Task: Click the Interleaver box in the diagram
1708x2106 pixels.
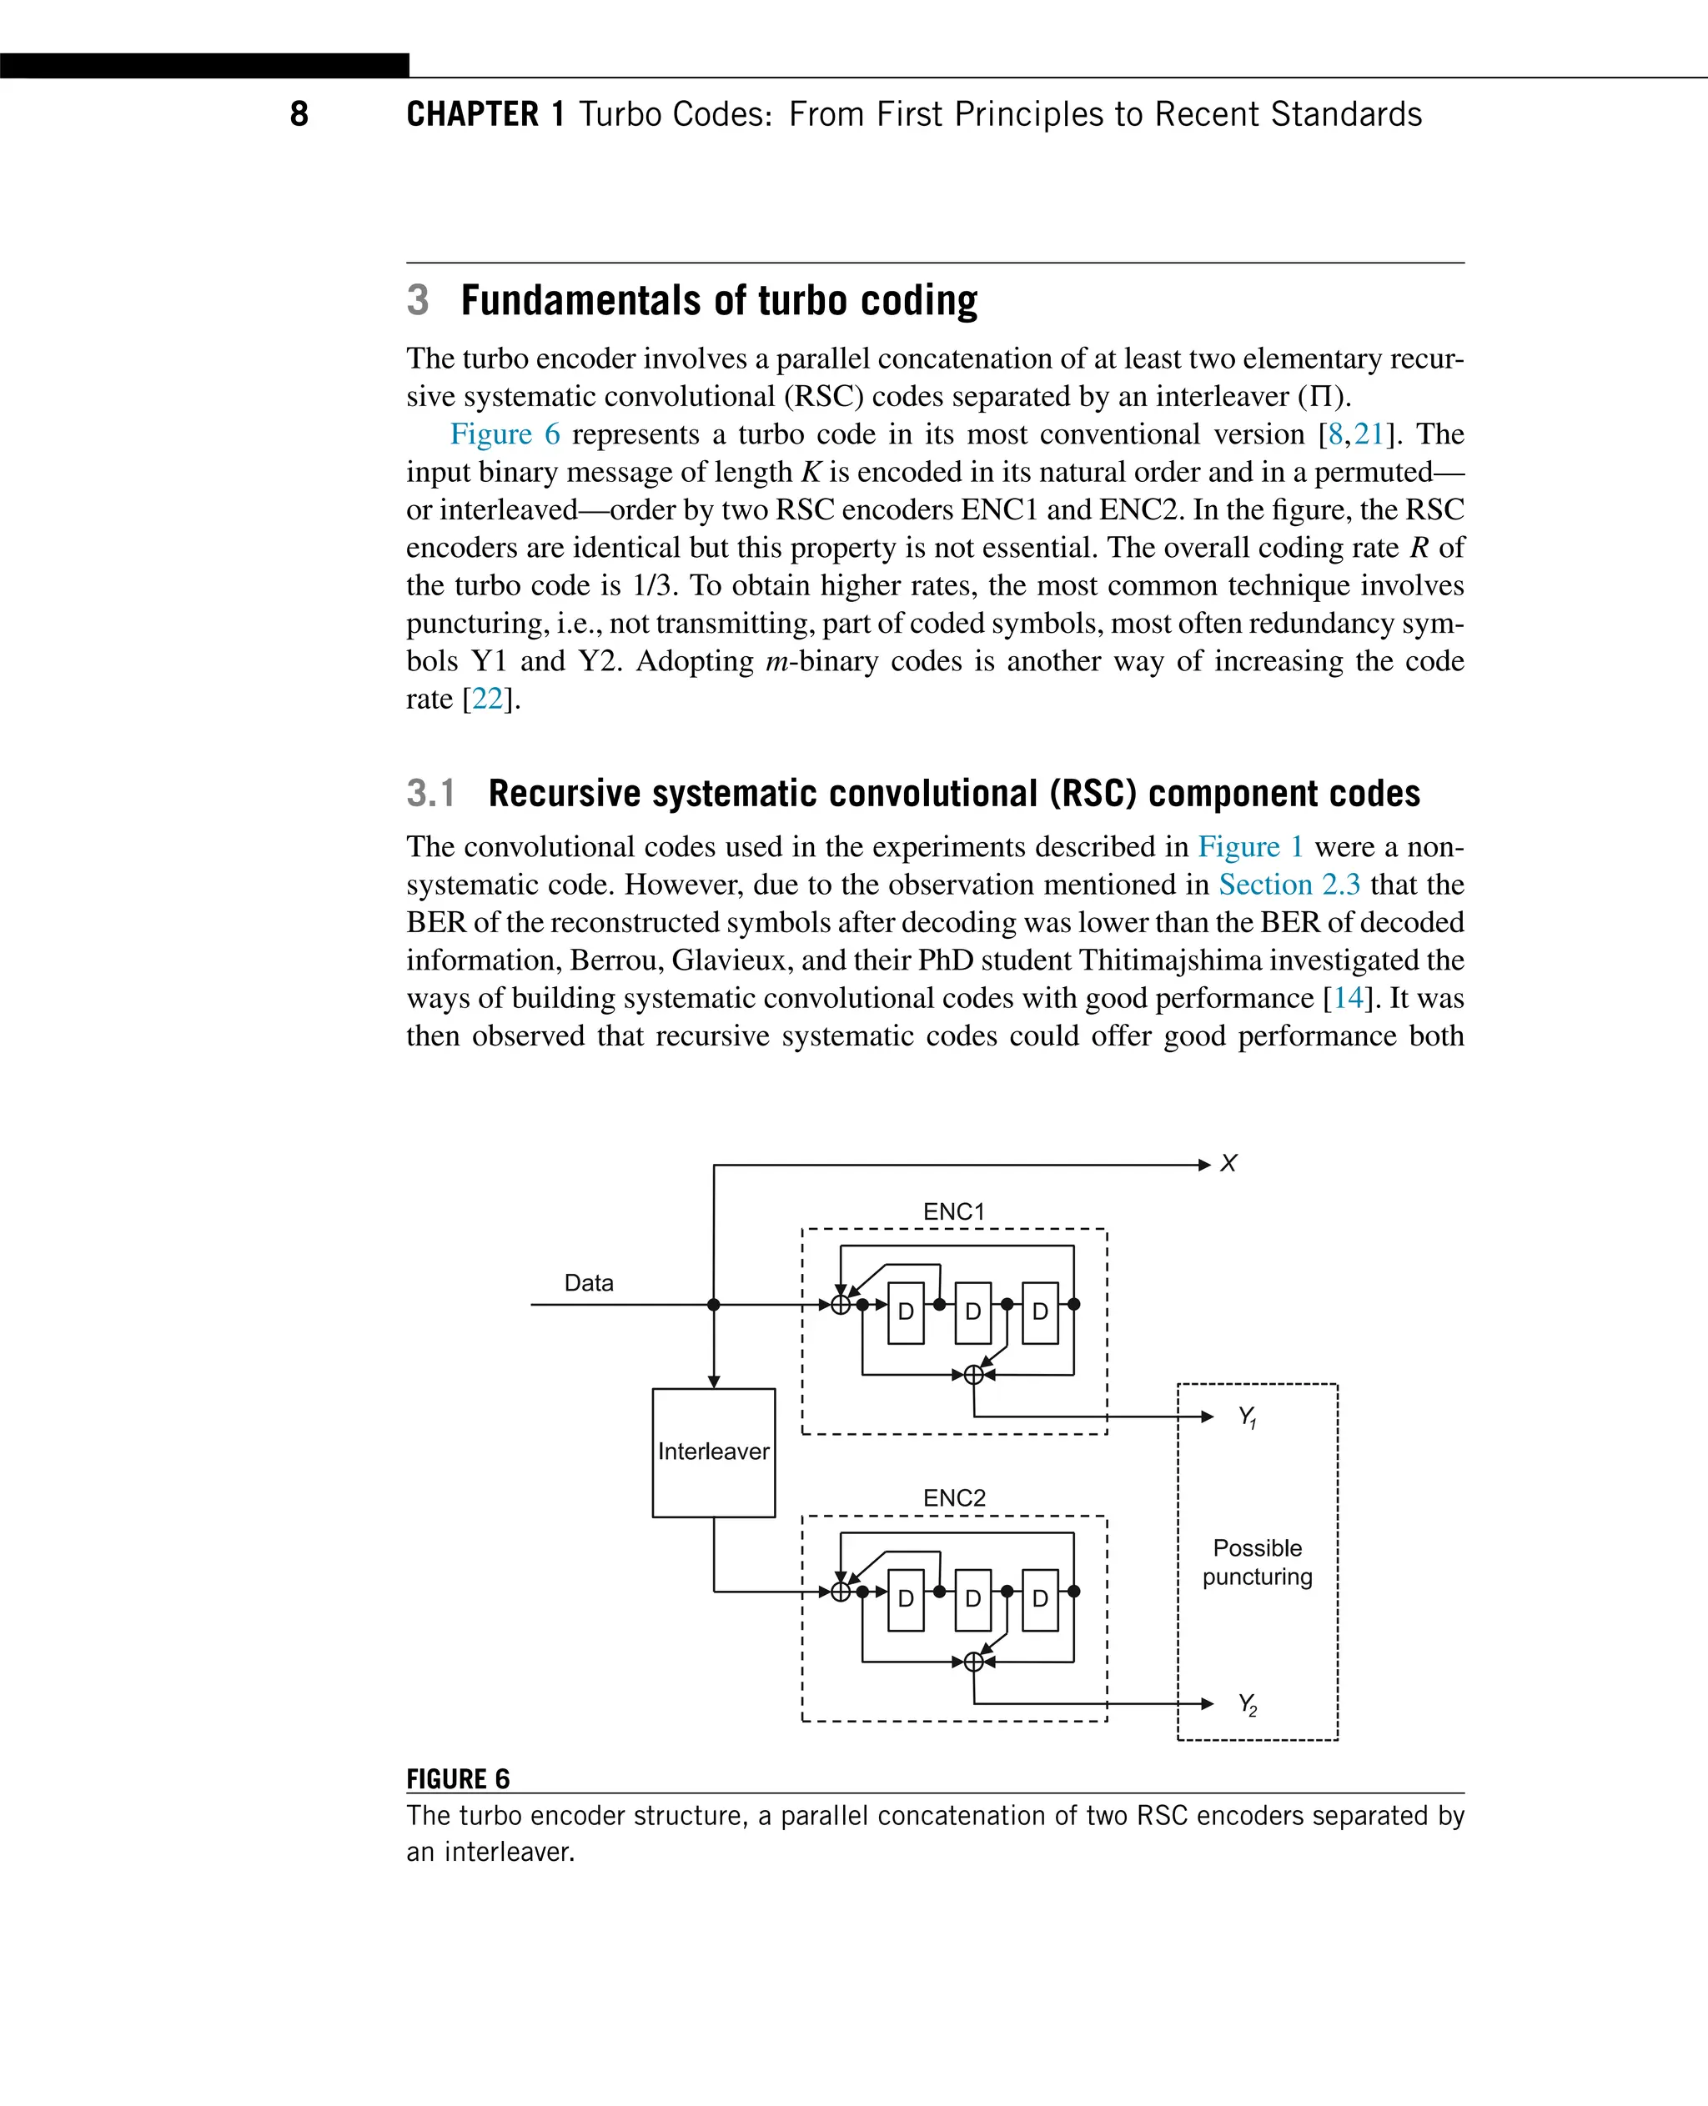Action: coord(713,1452)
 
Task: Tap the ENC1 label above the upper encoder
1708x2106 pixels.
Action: coord(953,1212)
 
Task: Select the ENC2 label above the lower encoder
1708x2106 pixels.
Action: coord(953,1498)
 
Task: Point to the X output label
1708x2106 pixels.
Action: coord(1228,1164)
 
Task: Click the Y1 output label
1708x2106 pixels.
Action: coord(1247,1417)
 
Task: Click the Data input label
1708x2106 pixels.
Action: coord(588,1282)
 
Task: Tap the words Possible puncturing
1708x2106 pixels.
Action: coord(1257,1562)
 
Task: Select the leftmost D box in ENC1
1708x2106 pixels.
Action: coord(905,1312)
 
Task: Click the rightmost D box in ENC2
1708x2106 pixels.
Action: coord(1040,1599)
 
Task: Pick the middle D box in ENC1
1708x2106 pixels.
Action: coord(973,1312)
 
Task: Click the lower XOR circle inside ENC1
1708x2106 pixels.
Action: coord(973,1375)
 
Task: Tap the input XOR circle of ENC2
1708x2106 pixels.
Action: coord(840,1592)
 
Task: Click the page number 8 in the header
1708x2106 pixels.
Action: coord(299,114)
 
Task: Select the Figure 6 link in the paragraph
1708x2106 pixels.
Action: coord(504,434)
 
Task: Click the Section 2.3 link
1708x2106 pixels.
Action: coord(1289,885)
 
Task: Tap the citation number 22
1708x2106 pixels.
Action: coord(487,699)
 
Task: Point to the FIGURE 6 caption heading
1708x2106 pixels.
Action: coord(458,1779)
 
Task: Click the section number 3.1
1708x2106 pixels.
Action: coord(431,793)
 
